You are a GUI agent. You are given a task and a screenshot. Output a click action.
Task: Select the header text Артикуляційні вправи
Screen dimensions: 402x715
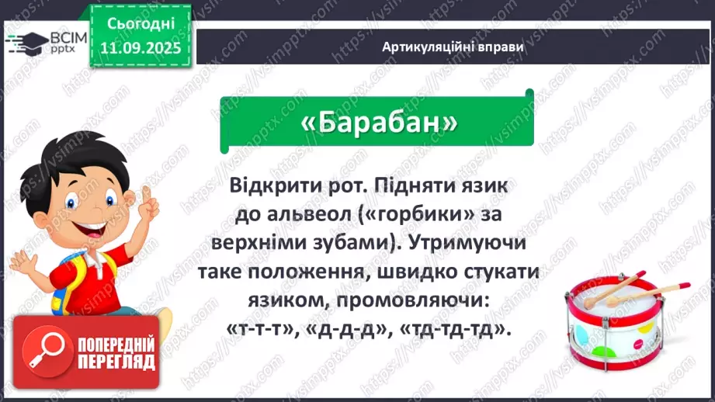[453, 47]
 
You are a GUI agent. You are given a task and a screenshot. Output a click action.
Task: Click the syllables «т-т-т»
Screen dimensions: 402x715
[259, 329]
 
